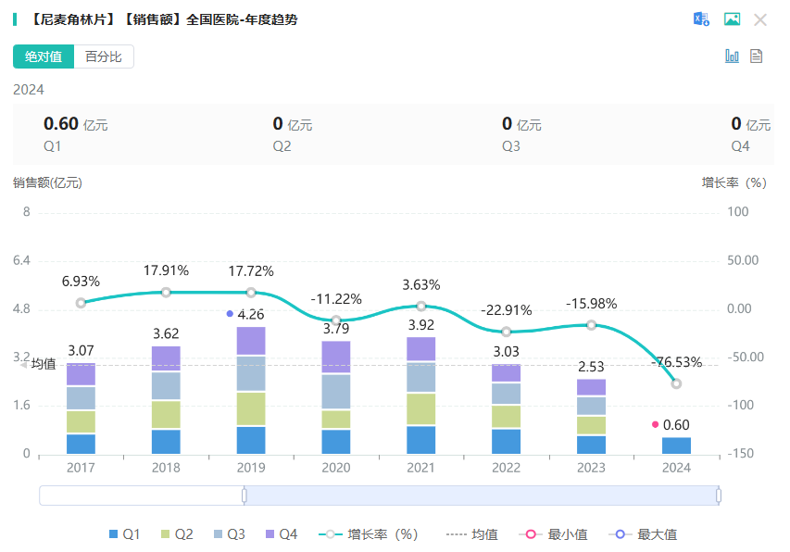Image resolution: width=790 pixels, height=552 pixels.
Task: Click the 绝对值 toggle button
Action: click(44, 56)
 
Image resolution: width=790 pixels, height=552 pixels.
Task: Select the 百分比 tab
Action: click(104, 56)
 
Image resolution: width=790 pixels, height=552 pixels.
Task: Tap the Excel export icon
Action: click(701, 19)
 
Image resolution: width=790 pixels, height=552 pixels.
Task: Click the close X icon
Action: click(760, 19)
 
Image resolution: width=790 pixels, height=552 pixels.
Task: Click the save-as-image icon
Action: click(732, 19)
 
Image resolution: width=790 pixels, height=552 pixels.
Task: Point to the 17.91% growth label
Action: click(166, 270)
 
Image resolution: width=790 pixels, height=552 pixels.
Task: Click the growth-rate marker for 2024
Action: click(676, 383)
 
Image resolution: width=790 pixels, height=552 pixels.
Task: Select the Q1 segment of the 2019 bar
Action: click(251, 440)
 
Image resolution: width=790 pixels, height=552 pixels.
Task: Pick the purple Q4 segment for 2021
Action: click(421, 348)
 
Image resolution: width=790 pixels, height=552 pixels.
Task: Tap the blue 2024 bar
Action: click(676, 445)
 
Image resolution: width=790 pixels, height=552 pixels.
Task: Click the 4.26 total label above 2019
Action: click(251, 314)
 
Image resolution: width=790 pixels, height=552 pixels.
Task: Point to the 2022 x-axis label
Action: click(506, 468)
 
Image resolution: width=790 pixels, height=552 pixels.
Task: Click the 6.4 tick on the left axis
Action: click(23, 260)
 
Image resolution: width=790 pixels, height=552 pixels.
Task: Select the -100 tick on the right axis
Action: click(737, 406)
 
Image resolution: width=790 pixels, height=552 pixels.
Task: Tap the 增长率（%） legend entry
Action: click(370, 534)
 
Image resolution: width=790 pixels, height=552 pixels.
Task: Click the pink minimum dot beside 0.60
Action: click(656, 424)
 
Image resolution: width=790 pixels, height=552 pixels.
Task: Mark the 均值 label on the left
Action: click(43, 364)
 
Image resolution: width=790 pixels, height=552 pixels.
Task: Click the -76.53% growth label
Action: click(676, 362)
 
